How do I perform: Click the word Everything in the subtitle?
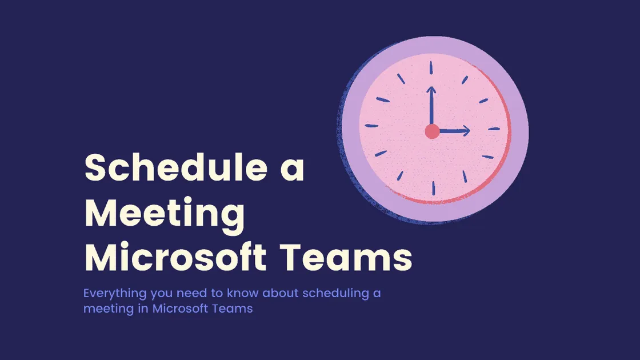click(x=112, y=294)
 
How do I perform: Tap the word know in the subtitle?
click(x=245, y=294)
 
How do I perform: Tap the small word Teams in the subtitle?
click(x=235, y=309)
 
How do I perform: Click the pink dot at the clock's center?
click(x=432, y=132)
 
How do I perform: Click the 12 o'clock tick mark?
click(x=432, y=67)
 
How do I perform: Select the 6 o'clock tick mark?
click(x=433, y=189)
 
